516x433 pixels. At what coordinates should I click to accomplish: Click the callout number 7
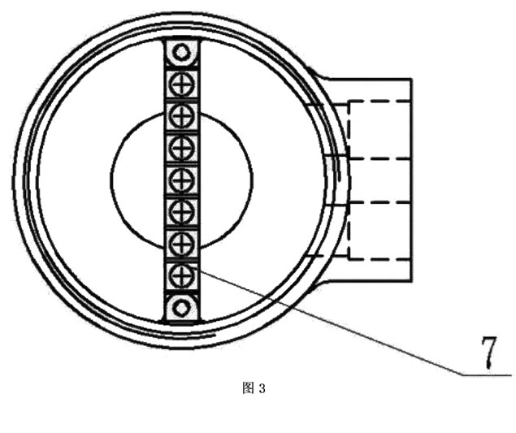(489, 353)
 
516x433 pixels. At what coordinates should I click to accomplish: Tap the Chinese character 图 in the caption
(249, 388)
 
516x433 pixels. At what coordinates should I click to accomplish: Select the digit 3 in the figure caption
(262, 389)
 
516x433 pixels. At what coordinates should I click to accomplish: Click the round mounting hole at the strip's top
(181, 52)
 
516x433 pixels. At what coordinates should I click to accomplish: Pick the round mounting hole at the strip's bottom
(181, 308)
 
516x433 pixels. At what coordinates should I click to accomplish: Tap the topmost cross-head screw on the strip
(182, 84)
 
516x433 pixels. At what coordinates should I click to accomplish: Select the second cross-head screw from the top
(182, 115)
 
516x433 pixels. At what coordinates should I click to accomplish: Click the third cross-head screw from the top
(182, 148)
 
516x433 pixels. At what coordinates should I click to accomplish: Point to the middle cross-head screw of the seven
(182, 180)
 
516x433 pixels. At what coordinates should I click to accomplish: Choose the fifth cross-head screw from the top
(182, 211)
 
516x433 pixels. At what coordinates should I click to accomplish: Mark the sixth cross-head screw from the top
(182, 243)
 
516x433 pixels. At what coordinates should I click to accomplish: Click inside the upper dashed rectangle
(379, 130)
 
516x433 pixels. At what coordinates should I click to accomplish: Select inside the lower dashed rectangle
(379, 231)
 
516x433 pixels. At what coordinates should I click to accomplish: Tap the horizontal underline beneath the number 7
(487, 375)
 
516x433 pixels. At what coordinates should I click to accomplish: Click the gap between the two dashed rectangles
(379, 181)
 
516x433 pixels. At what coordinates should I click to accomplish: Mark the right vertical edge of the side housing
(411, 180)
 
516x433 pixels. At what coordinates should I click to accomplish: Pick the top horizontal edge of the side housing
(369, 79)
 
